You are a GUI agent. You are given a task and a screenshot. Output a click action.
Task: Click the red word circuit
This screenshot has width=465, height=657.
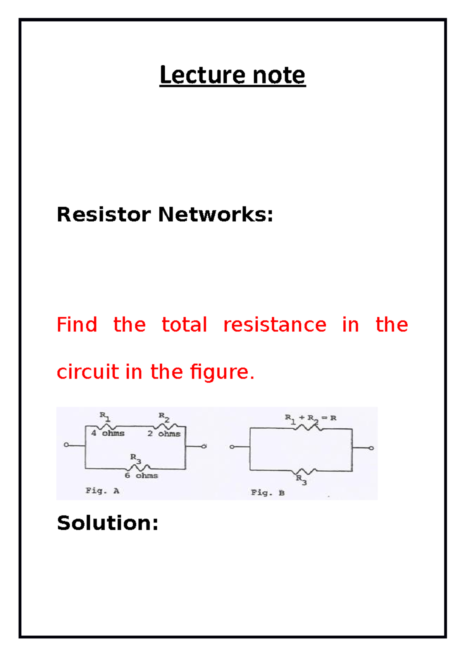coord(88,372)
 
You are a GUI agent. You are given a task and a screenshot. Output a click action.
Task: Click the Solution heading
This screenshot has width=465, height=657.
coord(107,523)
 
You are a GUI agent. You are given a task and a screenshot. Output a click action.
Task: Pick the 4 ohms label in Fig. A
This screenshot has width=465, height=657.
coord(108,433)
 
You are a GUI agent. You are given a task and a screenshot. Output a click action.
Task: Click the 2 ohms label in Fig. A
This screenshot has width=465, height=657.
coord(164,434)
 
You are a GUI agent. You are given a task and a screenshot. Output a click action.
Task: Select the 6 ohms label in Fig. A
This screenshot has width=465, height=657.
coord(141,476)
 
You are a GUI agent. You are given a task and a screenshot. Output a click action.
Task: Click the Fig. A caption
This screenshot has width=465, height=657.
coord(102,491)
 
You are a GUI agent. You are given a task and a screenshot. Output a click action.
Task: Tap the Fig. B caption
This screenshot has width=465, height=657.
coord(267,493)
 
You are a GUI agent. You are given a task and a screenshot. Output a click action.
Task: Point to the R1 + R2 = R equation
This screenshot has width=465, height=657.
coord(310,418)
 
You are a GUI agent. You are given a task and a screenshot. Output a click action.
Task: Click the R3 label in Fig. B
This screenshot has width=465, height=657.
coord(301,479)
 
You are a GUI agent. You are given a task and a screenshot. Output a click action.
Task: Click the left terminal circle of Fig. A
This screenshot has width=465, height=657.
coord(66,445)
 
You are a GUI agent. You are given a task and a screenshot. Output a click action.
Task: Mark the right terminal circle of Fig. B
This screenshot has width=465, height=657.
coord(371,448)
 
